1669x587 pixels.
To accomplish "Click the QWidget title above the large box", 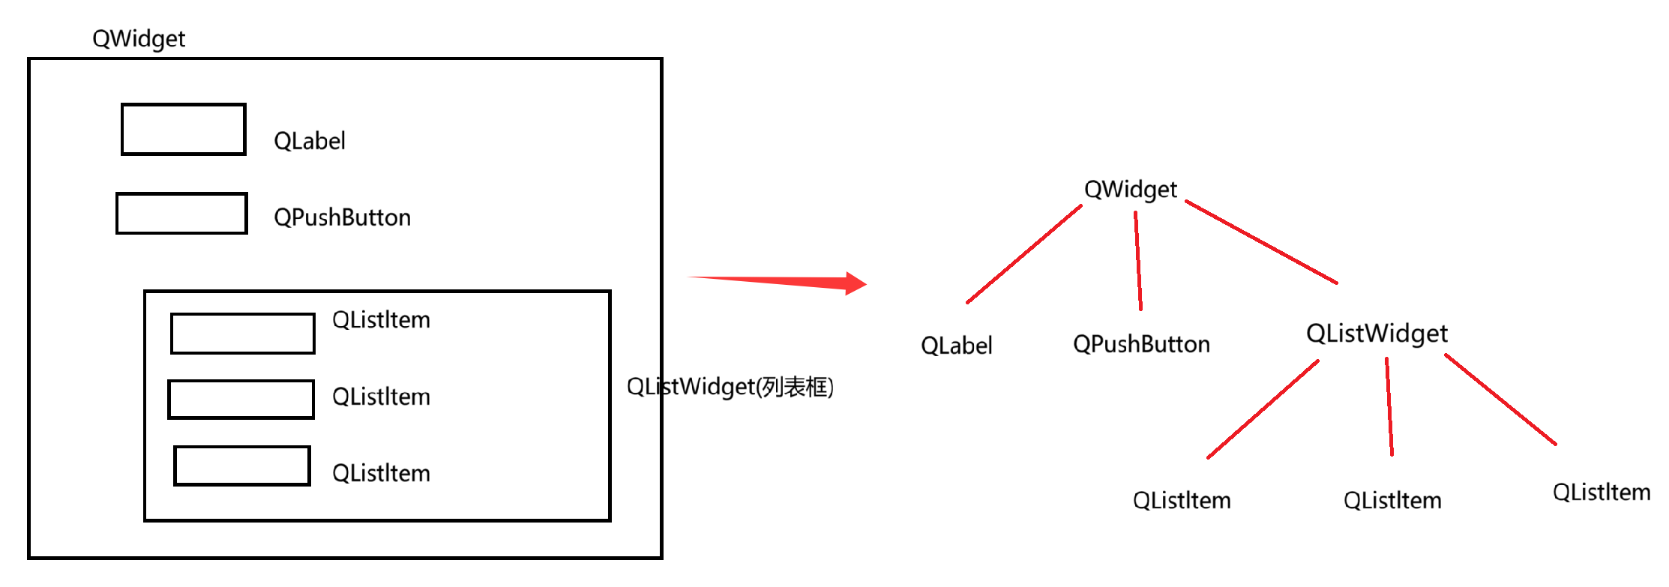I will click(x=138, y=38).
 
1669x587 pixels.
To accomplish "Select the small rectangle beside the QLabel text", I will click(x=184, y=130).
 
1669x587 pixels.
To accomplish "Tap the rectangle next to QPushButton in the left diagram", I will click(x=181, y=214).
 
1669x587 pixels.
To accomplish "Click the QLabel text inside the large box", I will click(x=309, y=141).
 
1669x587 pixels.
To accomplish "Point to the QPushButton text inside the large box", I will click(x=342, y=217).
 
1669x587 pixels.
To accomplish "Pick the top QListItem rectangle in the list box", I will click(x=242, y=334).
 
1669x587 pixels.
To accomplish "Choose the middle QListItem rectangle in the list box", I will click(x=241, y=400).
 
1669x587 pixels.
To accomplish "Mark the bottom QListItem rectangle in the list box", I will click(x=241, y=466).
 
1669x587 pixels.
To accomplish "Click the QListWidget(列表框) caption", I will click(x=730, y=387).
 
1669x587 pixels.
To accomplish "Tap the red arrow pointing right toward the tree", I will click(x=780, y=282).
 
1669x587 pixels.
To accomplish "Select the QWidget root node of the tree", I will click(x=1130, y=190).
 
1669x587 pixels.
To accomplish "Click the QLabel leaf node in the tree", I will click(x=956, y=346).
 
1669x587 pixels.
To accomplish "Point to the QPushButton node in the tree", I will click(x=1141, y=344).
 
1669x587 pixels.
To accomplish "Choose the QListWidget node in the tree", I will click(x=1377, y=334).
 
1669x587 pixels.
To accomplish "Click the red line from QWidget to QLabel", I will click(x=1024, y=254).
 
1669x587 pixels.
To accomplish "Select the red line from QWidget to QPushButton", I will click(x=1138, y=261).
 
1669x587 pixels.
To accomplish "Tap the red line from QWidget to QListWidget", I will click(x=1261, y=242).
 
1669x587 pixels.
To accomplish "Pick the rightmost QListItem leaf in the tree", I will click(x=1601, y=493).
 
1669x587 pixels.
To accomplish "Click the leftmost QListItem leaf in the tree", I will click(x=1182, y=501).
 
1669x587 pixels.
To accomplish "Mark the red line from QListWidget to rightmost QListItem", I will click(x=1500, y=400).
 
